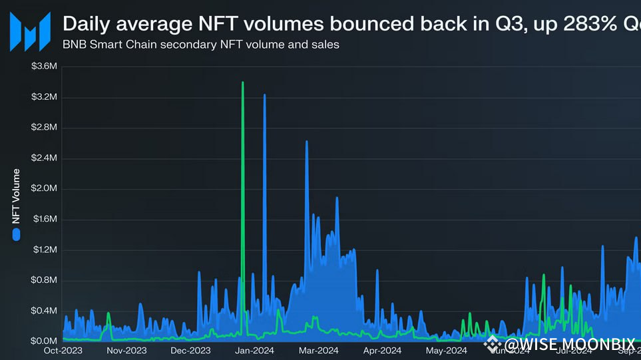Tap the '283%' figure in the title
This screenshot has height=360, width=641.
[x=584, y=24]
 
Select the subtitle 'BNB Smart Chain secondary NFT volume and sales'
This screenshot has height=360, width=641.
[x=201, y=45]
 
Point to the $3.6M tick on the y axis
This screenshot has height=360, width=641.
[x=45, y=67]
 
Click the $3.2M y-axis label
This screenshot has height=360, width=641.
[x=45, y=97]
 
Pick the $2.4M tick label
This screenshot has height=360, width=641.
[x=45, y=158]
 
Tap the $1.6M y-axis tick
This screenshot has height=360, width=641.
[x=45, y=219]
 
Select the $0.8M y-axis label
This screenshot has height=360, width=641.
[x=45, y=280]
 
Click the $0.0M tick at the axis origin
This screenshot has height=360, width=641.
[x=45, y=341]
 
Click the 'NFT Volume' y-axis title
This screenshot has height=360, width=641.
[x=17, y=196]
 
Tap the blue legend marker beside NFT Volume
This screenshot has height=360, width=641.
[x=17, y=234]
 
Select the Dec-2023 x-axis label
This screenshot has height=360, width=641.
[x=190, y=350]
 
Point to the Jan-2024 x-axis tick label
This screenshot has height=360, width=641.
[x=254, y=350]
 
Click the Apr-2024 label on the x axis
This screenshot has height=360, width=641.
[x=382, y=350]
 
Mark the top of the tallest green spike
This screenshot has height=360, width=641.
[x=242, y=83]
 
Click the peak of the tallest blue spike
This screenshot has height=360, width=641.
[x=264, y=95]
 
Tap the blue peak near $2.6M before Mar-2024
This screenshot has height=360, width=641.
[x=306, y=142]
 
